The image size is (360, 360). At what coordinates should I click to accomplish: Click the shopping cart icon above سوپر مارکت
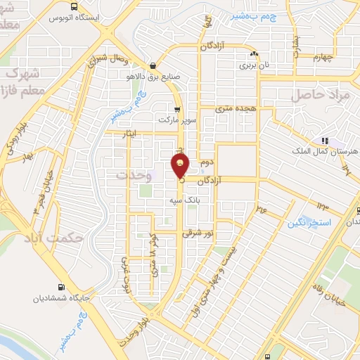[177, 110]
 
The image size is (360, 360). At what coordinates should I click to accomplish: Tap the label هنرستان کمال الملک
[325, 152]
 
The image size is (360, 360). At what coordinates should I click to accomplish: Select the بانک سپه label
[181, 200]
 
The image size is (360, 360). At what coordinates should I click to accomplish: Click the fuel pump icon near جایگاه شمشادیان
[60, 287]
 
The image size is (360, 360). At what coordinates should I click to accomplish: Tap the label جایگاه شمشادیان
[62, 299]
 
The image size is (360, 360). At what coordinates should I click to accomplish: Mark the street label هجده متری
[234, 109]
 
